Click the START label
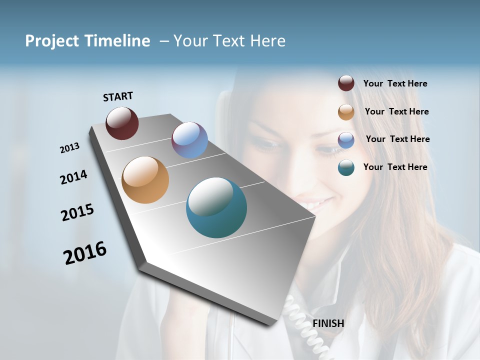tap(118, 96)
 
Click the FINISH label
tap(328, 323)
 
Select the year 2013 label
tap(70, 148)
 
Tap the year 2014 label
tap(74, 177)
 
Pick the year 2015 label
tap(77, 212)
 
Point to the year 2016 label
tap(85, 253)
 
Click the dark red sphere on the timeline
tap(122, 123)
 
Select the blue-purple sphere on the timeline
tap(189, 140)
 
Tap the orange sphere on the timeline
tap(145, 180)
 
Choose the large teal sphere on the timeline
tap(216, 207)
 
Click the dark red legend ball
tap(346, 83)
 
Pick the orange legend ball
tap(346, 112)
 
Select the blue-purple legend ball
tap(346, 140)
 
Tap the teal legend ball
tap(346, 167)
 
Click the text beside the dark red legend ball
tap(395, 84)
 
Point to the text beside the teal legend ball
tap(395, 167)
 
